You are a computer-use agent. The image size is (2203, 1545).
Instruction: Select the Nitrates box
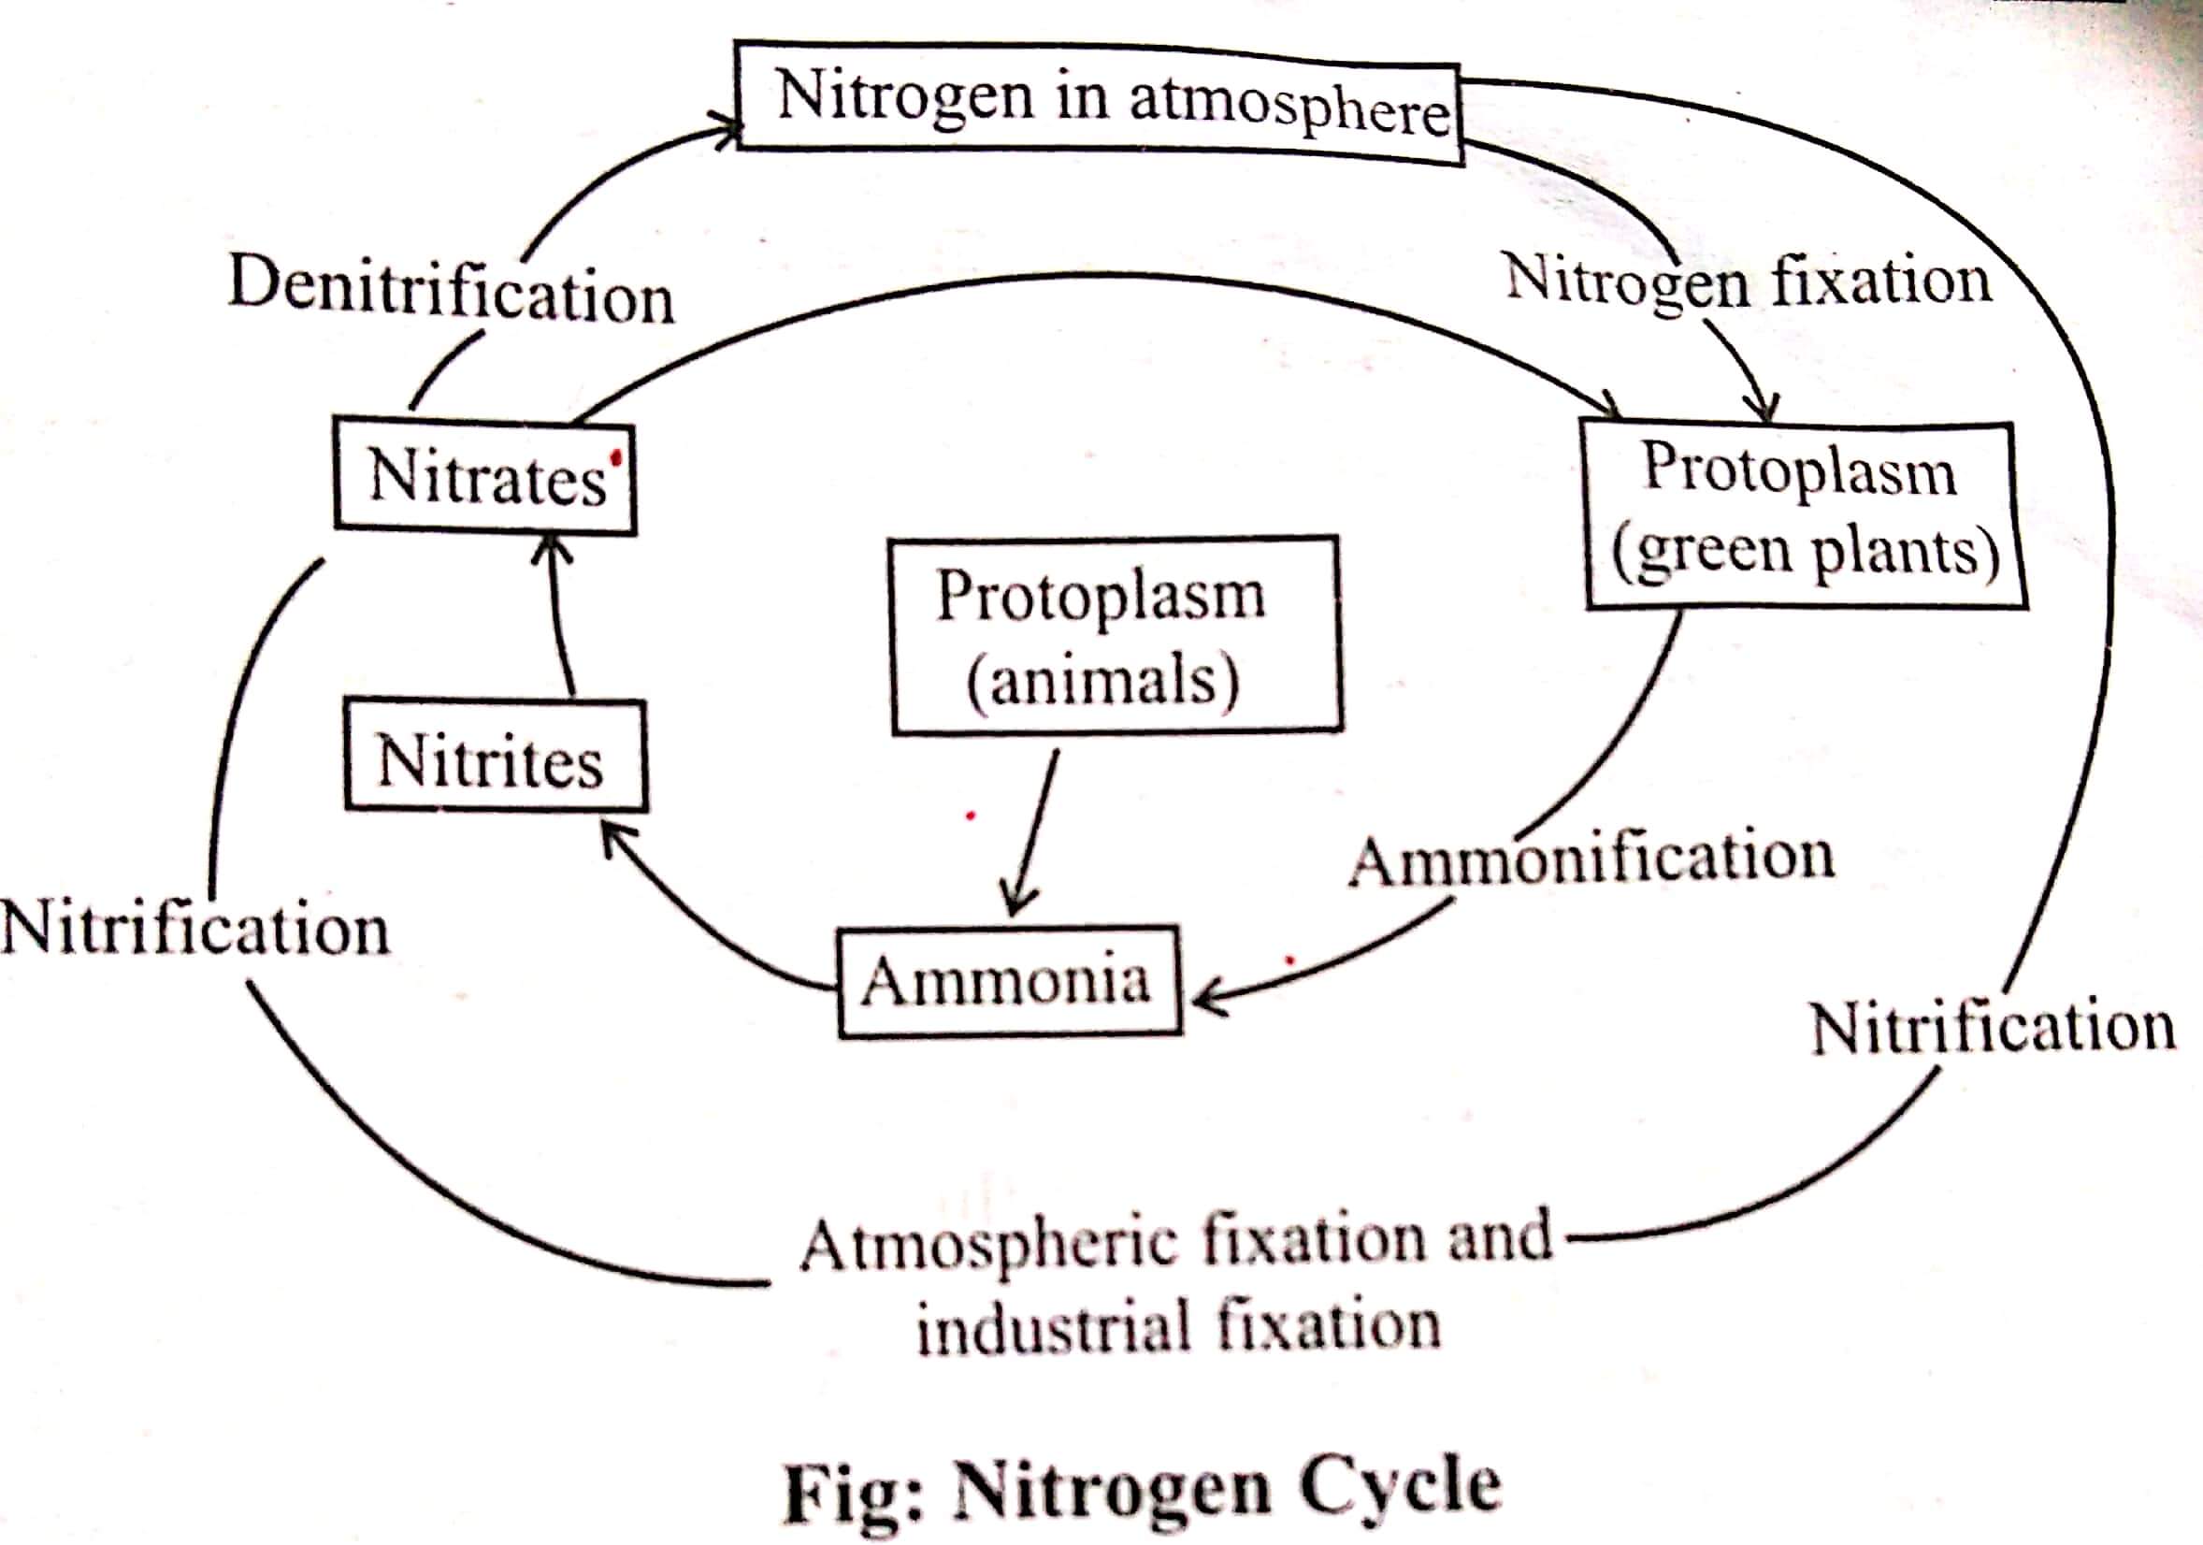click(x=485, y=476)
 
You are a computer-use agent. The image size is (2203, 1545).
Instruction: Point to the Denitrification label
click(x=451, y=290)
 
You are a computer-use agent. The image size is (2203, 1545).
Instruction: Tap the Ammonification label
click(x=1591, y=856)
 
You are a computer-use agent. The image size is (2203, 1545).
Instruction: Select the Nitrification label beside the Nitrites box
click(x=195, y=929)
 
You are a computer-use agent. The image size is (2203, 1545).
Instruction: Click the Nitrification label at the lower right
click(x=1992, y=1028)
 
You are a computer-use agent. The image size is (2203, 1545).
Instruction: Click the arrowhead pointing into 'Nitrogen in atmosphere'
click(x=727, y=133)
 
